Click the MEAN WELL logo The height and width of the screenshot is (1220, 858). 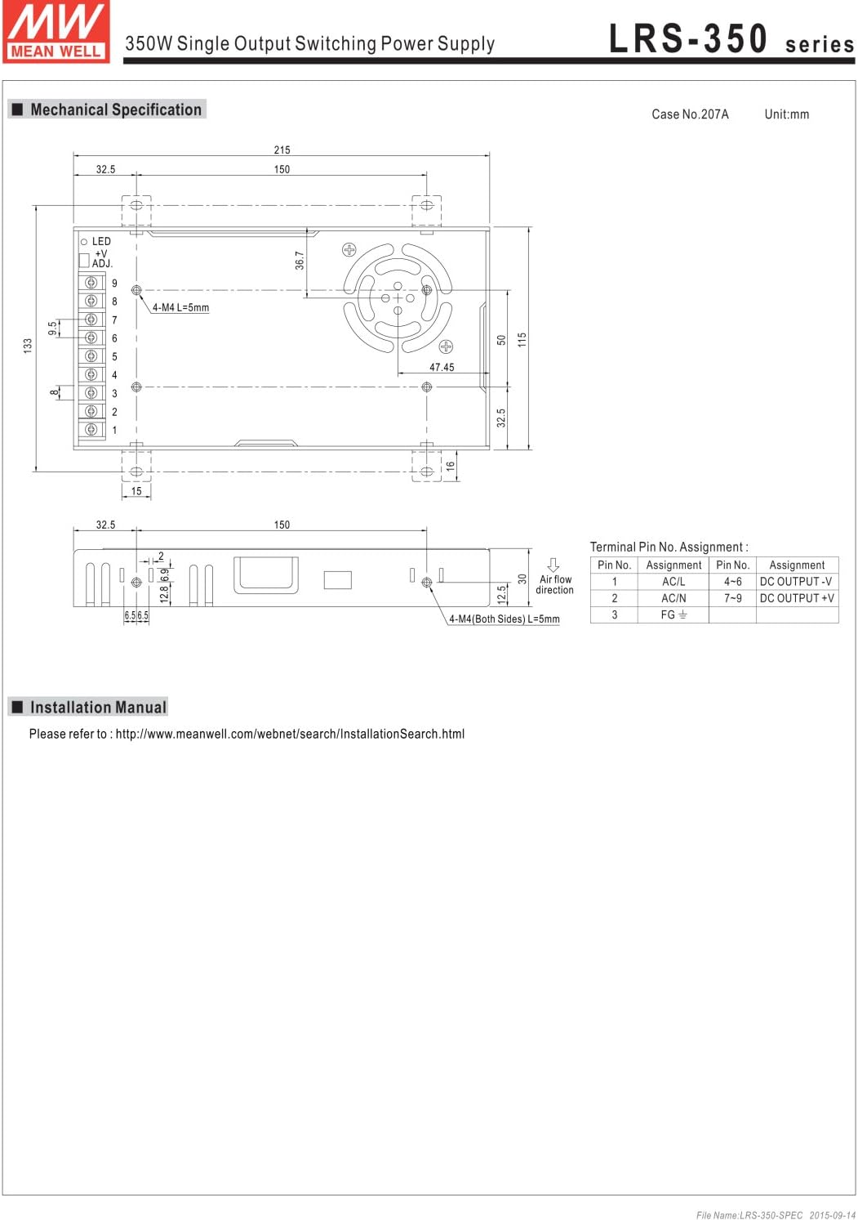pyautogui.click(x=56, y=32)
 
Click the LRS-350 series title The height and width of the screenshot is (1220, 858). pyautogui.click(x=731, y=39)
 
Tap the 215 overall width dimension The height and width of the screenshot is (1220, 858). pyautogui.click(x=282, y=150)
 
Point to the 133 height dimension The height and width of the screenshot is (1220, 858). pyautogui.click(x=28, y=346)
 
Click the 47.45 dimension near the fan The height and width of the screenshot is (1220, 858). pyautogui.click(x=442, y=367)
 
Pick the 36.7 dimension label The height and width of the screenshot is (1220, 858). pyautogui.click(x=300, y=261)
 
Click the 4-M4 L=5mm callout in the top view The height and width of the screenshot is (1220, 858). pyautogui.click(x=180, y=308)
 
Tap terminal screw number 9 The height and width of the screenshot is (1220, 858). pyautogui.click(x=91, y=283)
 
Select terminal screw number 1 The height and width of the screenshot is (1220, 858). pyautogui.click(x=91, y=429)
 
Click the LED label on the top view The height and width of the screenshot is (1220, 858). pyautogui.click(x=101, y=241)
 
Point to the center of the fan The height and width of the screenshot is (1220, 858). pyautogui.click(x=398, y=298)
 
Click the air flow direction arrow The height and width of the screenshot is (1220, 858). pyautogui.click(x=553, y=565)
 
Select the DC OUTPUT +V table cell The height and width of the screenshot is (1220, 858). pyautogui.click(x=797, y=598)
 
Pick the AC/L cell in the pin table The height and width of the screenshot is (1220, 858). pyautogui.click(x=674, y=582)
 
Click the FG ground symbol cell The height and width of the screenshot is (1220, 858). pyautogui.click(x=674, y=614)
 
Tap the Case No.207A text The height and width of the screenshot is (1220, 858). pyautogui.click(x=690, y=114)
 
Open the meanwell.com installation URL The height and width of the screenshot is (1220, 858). pyautogui.click(x=290, y=734)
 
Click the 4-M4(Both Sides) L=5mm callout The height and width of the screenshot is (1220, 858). pyautogui.click(x=504, y=619)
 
